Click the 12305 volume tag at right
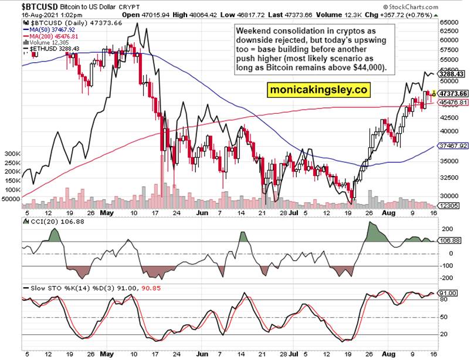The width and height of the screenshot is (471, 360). (x=449, y=206)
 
